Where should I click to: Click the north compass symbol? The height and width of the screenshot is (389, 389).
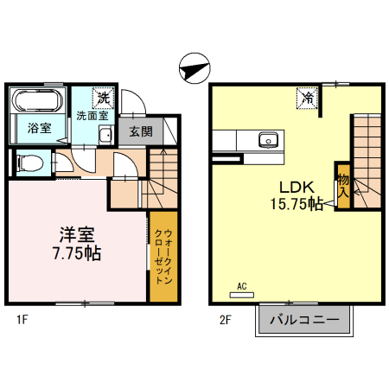pos(194,68)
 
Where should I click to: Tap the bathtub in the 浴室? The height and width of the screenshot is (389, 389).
pos(37,100)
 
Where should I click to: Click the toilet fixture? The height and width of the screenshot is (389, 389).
pos(30,163)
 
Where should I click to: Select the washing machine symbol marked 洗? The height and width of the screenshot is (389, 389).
pos(103,98)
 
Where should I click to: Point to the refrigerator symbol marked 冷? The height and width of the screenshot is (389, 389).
pos(307,99)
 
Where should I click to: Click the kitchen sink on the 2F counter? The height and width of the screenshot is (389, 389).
pos(268,140)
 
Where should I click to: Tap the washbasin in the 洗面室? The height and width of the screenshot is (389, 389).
pos(105,135)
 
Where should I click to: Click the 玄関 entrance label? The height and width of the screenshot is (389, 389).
pos(141,131)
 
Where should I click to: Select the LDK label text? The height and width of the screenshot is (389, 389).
pos(297,188)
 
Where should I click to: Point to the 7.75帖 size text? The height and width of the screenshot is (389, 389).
pos(77,253)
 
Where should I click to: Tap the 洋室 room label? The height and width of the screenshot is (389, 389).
pos(77,235)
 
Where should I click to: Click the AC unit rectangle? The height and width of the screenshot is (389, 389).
pos(242,295)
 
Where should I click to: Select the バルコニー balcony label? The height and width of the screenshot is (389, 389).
pos(304,320)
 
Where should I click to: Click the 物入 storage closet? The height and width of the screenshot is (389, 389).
pos(344,186)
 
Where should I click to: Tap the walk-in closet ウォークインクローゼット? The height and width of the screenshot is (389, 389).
pos(163,257)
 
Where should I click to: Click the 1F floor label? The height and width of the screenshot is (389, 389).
pos(22,320)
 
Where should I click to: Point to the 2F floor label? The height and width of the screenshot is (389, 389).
pos(226,320)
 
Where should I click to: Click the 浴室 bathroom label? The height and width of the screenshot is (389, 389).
pos(40,128)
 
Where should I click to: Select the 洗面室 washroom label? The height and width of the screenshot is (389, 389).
pos(92,116)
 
